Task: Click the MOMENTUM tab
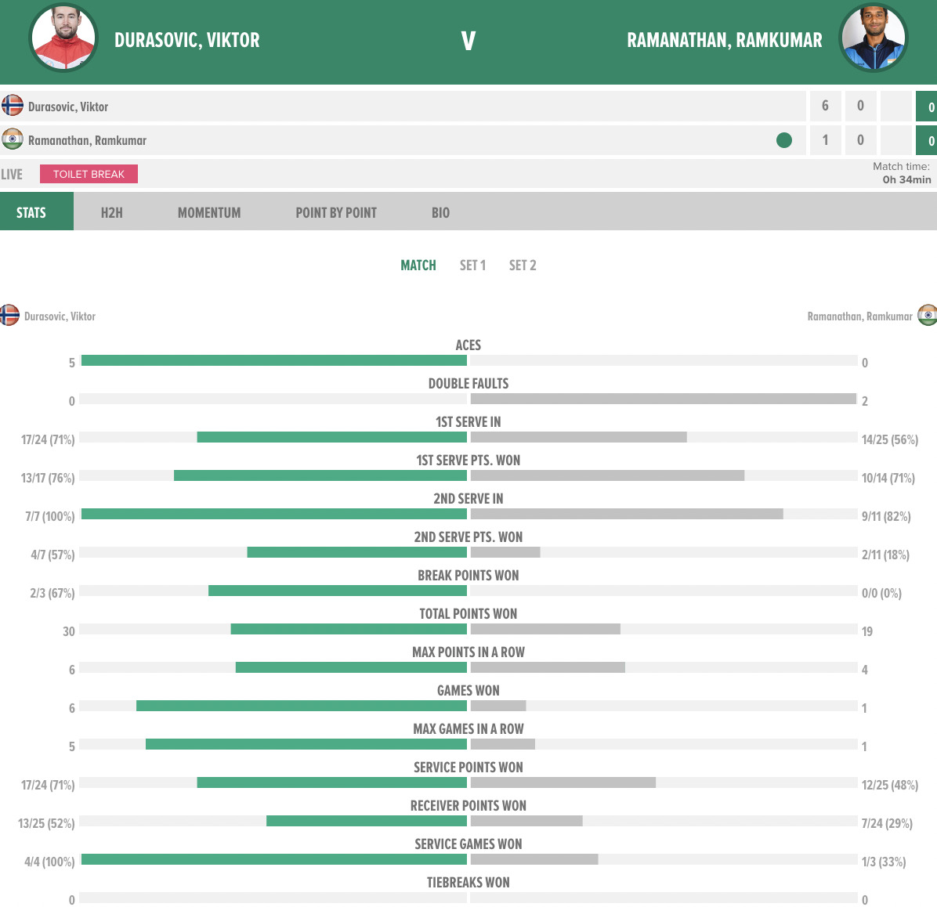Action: (x=209, y=212)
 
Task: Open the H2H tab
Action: (x=111, y=212)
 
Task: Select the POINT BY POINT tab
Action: (x=336, y=212)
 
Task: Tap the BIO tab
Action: (x=440, y=212)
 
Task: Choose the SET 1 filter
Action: (x=472, y=266)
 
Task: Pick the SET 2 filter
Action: (x=523, y=266)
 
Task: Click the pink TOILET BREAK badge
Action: (x=89, y=174)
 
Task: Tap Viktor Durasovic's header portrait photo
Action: (x=63, y=38)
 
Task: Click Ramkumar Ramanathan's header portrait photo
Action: (x=874, y=38)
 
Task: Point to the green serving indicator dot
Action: (x=783, y=140)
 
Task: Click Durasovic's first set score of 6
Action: (x=825, y=106)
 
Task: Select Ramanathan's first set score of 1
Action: (x=825, y=140)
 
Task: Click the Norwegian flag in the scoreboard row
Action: (x=12, y=105)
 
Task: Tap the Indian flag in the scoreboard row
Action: (x=12, y=139)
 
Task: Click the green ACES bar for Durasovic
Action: (x=274, y=360)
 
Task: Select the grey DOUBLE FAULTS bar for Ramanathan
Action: (x=663, y=399)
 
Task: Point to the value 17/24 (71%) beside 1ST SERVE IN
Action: (x=48, y=439)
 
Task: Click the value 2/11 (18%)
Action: (x=885, y=555)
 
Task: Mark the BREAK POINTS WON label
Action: (x=468, y=575)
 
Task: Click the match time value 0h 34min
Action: (x=906, y=179)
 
